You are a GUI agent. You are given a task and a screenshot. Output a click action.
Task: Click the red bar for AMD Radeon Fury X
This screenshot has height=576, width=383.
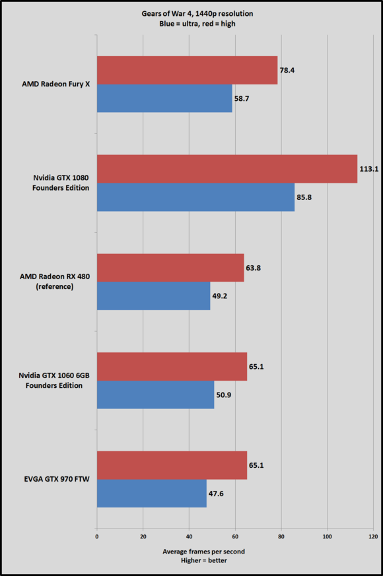pos(187,70)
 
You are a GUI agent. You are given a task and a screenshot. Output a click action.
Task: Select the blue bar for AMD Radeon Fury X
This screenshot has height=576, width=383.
pos(164,98)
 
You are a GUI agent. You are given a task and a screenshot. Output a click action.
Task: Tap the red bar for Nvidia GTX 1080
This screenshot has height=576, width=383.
pos(226,169)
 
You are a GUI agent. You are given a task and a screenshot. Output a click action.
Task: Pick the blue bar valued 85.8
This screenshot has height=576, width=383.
pos(195,197)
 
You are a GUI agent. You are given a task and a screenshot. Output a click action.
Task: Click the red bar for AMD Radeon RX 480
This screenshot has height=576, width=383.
pos(170,268)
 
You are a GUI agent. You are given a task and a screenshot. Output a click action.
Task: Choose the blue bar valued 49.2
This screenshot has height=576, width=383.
pos(153,296)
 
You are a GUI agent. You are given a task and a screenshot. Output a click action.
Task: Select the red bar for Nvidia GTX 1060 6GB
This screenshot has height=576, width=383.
pos(172,367)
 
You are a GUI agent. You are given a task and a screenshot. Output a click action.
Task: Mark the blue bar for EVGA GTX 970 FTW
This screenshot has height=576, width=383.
pos(151,494)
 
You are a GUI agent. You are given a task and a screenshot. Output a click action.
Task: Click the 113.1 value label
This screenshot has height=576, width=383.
pos(368,169)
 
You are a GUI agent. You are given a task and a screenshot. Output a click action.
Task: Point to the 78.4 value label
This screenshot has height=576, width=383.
pos(287,70)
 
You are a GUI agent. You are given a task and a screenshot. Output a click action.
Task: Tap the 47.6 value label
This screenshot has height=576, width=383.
pos(217,494)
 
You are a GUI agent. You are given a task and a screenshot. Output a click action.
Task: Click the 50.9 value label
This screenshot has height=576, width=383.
pos(224,395)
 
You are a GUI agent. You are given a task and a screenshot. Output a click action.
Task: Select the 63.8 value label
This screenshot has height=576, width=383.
pos(254,268)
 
